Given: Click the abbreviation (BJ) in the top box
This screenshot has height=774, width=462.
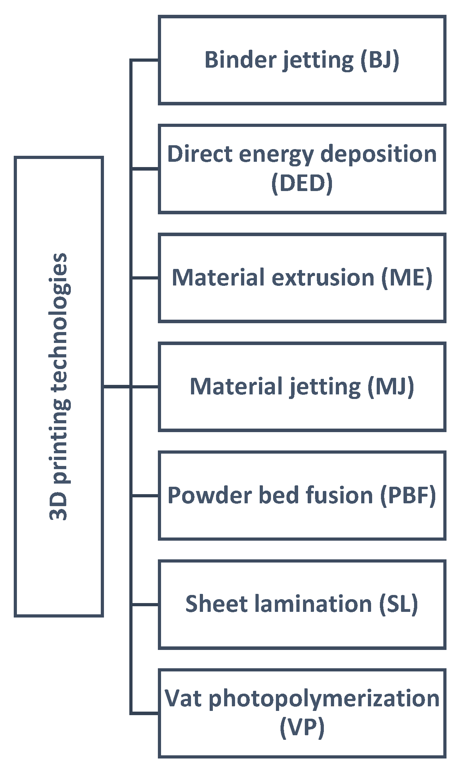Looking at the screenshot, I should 380,60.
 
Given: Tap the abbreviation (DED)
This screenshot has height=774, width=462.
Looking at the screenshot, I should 302,183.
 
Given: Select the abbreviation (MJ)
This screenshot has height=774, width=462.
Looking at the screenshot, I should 390,387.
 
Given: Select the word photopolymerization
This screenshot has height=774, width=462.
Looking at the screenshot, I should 324,699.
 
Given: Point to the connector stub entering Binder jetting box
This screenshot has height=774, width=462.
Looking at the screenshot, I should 145,60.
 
